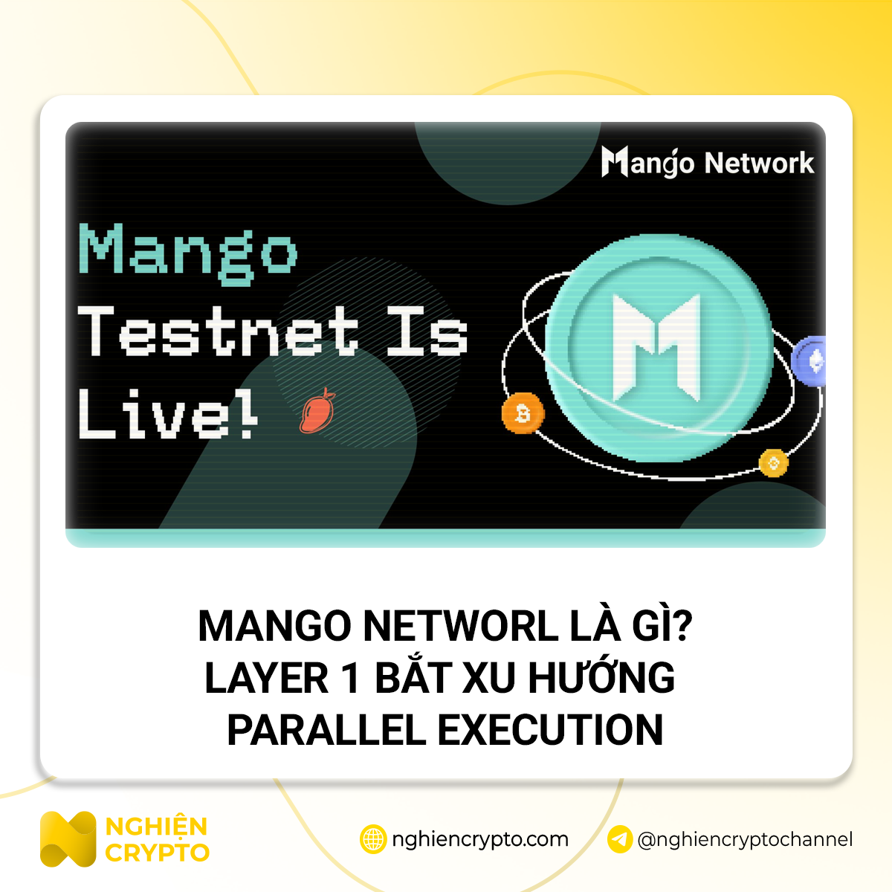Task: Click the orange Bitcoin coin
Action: [523, 413]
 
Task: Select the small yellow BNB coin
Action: [773, 463]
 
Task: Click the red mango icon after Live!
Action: [317, 411]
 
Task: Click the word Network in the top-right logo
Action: [759, 163]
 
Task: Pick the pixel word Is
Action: [427, 332]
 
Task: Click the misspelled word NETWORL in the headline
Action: [460, 626]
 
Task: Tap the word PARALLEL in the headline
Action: [327, 730]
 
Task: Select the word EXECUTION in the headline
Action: [550, 730]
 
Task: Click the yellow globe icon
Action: [373, 839]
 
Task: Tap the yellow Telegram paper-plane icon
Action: [620, 839]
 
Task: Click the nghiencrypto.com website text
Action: [479, 840]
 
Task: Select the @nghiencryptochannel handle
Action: [745, 840]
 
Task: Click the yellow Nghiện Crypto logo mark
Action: [68, 839]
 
